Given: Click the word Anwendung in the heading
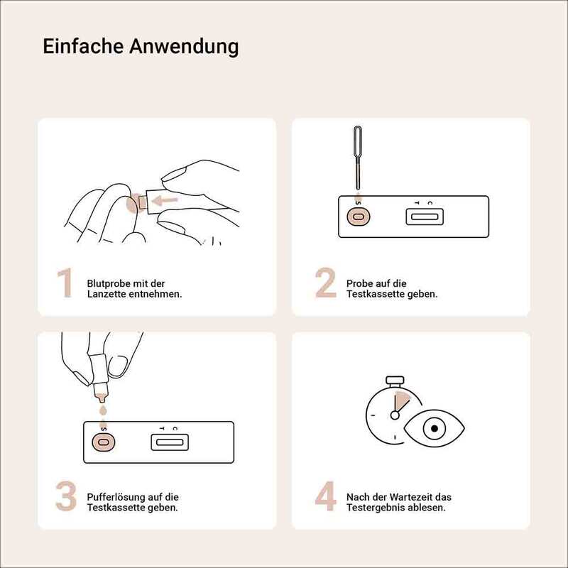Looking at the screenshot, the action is click(185, 47).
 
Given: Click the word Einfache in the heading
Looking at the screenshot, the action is click(84, 46).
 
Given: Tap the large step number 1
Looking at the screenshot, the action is click(65, 283).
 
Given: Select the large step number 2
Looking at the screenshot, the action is click(326, 283).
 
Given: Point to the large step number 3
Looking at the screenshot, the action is click(66, 496).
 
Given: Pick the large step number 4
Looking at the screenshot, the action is click(325, 496).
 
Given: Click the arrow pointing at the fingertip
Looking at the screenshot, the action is click(165, 200).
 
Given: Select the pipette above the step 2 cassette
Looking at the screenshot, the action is click(358, 158).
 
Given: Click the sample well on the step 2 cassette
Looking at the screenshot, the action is click(359, 217).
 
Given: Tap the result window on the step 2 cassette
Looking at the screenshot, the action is click(425, 217).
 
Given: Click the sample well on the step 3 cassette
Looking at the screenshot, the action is click(103, 442).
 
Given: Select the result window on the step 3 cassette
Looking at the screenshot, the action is click(170, 442).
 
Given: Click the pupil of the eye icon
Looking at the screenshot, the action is click(434, 429).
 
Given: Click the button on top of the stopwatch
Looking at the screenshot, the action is click(395, 381).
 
